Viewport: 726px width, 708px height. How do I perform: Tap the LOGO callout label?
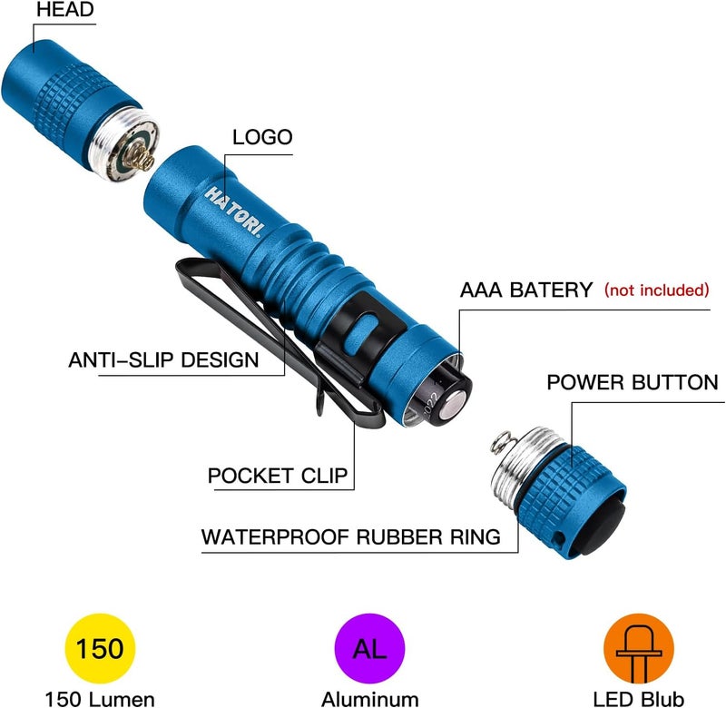(x=262, y=138)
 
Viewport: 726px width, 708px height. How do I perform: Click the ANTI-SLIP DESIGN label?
(x=163, y=359)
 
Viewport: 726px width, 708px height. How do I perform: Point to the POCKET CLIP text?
(x=277, y=477)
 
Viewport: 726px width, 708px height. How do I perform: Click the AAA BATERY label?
(x=526, y=290)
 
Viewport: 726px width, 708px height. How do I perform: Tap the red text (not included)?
(x=656, y=290)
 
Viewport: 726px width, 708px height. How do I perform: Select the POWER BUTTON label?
(x=633, y=382)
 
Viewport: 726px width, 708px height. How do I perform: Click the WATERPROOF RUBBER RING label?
(x=350, y=536)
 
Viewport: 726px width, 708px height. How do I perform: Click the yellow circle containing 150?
(x=101, y=649)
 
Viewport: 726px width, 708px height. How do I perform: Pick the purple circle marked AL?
(x=368, y=649)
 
